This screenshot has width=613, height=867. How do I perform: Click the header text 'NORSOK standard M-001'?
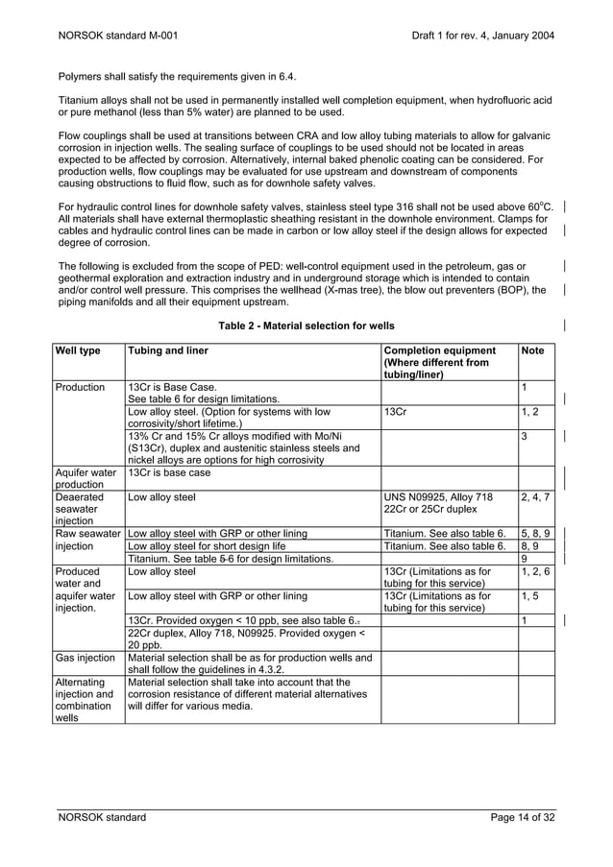pyautogui.click(x=116, y=36)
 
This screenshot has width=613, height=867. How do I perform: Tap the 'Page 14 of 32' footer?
pyautogui.click(x=523, y=817)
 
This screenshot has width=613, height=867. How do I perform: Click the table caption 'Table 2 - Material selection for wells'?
pyautogui.click(x=306, y=326)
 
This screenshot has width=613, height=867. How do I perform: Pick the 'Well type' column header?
pyautogui.click(x=76, y=350)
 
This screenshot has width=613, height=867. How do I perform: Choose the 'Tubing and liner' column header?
pyautogui.click(x=168, y=350)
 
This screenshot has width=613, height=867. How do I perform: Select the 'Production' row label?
pyautogui.click(x=80, y=387)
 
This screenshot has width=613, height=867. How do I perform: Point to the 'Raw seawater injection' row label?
pyautogui.click(x=86, y=538)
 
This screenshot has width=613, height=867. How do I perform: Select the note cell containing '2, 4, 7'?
pyautogui.click(x=534, y=497)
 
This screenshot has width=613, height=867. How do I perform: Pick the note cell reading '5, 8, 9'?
pyautogui.click(x=534, y=531)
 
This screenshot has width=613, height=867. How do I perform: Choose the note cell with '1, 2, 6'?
pyautogui.click(x=534, y=571)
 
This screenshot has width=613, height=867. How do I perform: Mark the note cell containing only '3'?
pyautogui.click(x=525, y=437)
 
